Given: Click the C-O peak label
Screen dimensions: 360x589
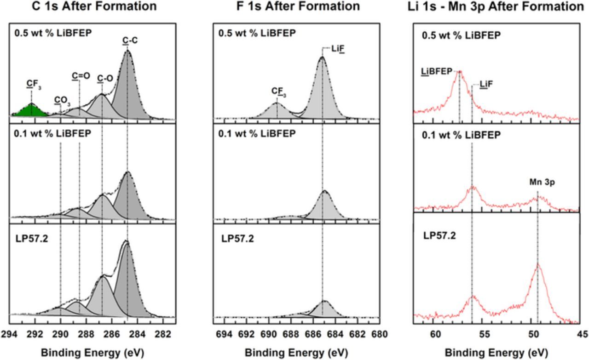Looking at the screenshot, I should point(105,79).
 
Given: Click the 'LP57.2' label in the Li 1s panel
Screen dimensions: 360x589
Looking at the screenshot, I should point(439,236).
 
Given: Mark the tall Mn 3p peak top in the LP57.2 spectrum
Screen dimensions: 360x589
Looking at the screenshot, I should point(537,264).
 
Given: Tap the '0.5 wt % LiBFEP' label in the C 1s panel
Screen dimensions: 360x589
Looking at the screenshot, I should point(48,34).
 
